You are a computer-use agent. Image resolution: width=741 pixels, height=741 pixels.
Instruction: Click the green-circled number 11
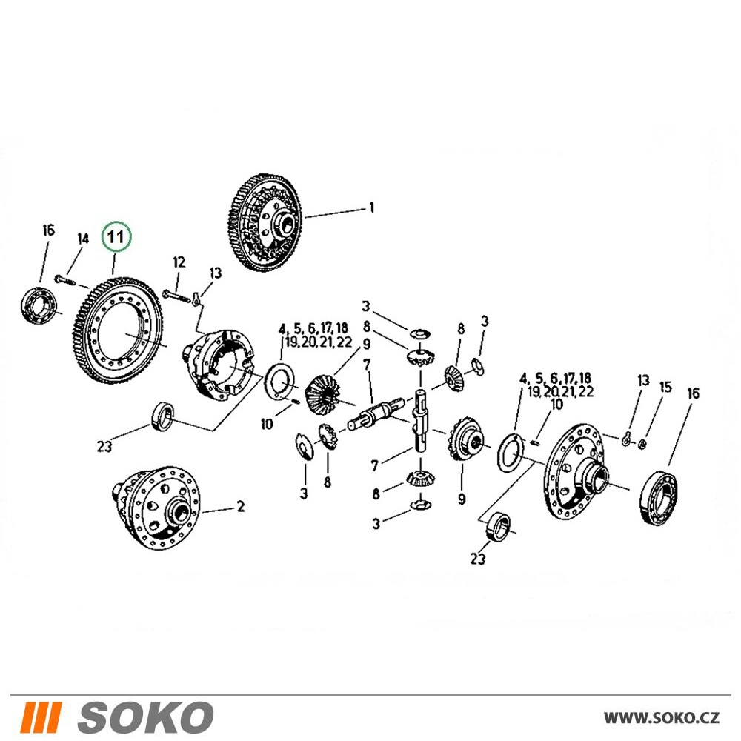coord(116,236)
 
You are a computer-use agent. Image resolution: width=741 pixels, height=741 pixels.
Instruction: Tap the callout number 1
coord(372,208)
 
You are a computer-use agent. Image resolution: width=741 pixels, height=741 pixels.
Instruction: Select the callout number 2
coord(241,507)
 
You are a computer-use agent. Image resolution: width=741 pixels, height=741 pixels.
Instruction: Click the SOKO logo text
coord(145,717)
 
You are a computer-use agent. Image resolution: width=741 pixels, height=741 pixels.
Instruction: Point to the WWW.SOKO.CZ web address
coord(662,718)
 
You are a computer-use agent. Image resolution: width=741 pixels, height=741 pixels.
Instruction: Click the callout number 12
coord(179,262)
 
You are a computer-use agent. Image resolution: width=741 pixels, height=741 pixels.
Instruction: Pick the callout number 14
coord(83,238)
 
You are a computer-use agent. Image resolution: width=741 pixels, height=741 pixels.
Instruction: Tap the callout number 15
coord(665,388)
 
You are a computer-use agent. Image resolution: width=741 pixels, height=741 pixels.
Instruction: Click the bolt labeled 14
coord(65,280)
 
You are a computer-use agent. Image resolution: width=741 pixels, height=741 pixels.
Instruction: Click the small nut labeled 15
coord(642,444)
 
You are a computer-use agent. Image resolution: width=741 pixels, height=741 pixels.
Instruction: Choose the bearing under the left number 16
coord(40,305)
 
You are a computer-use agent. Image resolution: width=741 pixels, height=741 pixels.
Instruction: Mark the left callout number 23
coord(104,445)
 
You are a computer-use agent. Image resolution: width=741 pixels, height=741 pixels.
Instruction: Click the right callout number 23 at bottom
coord(478,559)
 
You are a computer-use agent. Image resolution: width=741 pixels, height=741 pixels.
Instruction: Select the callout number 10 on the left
coord(267,425)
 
